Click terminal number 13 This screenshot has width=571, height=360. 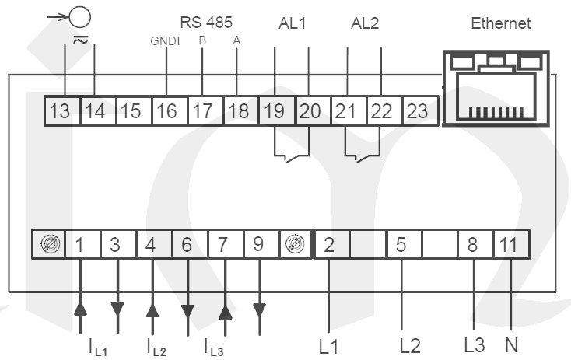(59, 110)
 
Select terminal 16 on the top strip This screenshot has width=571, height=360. (166, 110)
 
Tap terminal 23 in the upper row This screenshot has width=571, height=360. (417, 110)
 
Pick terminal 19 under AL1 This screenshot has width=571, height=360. (274, 110)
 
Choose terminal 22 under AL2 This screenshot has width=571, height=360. (381, 110)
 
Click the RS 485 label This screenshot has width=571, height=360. (206, 22)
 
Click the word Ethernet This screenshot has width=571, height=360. (501, 23)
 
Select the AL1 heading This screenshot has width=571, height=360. (293, 23)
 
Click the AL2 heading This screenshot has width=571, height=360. (365, 23)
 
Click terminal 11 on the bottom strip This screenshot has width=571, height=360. (508, 245)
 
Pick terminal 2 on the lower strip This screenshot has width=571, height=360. (329, 245)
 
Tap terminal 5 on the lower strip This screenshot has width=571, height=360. (401, 245)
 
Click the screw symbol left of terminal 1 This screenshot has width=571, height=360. (49, 245)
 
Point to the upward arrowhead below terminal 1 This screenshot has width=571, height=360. (80, 309)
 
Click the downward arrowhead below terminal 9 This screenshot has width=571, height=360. (260, 309)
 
